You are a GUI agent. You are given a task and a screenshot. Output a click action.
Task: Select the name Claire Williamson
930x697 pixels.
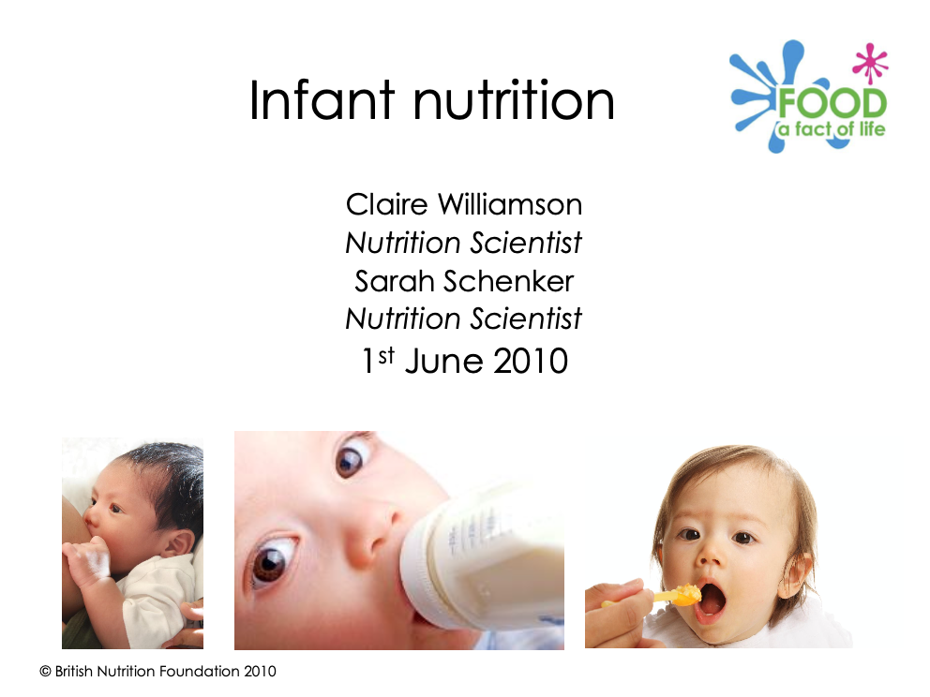[463, 203]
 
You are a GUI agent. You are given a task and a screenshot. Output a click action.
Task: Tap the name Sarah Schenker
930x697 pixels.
[463, 280]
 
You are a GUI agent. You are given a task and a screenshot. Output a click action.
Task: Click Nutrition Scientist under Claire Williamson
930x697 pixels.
[463, 243]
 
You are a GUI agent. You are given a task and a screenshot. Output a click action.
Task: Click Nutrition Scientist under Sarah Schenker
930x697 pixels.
[463, 319]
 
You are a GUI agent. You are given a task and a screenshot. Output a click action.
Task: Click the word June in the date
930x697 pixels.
[439, 360]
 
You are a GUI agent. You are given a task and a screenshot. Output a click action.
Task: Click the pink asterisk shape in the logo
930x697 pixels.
[870, 64]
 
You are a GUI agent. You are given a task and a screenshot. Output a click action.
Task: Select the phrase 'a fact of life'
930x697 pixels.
[831, 128]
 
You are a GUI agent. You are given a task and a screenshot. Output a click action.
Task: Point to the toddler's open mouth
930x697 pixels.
[711, 600]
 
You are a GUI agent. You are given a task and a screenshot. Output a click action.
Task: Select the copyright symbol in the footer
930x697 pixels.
[45, 671]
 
